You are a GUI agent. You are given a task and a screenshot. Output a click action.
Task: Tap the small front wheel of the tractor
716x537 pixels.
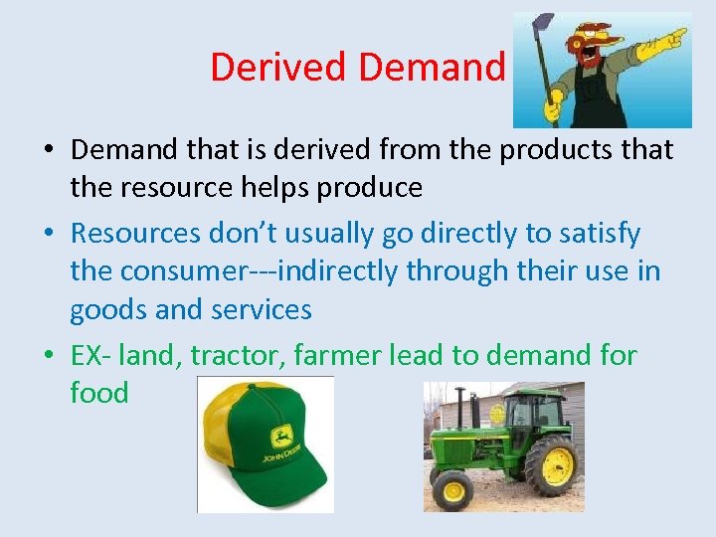click(x=452, y=489)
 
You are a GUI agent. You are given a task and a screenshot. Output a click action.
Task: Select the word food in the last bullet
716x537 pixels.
click(x=98, y=393)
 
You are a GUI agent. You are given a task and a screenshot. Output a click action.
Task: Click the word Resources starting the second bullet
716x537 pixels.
click(x=135, y=234)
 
